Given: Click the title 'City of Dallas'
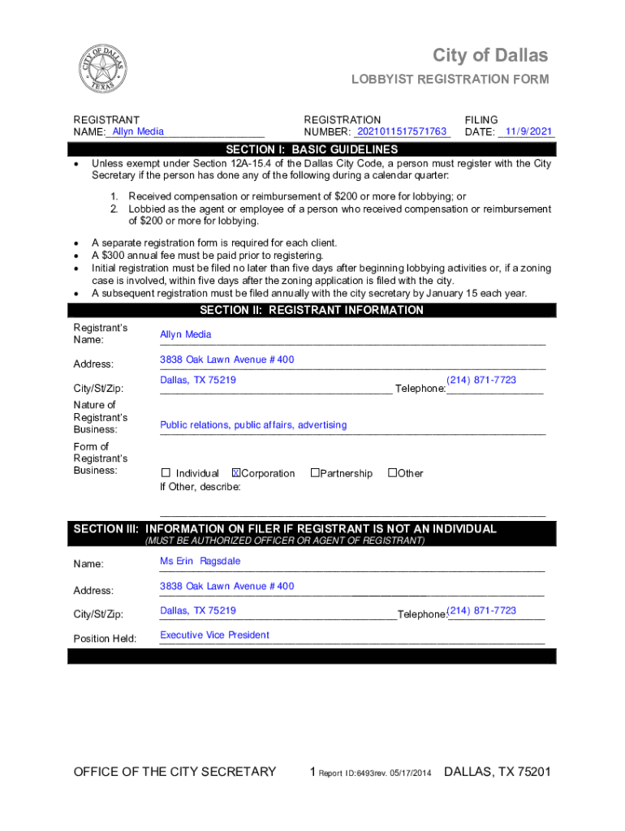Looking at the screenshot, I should click(489, 55).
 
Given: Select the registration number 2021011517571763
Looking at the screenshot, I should click(402, 131).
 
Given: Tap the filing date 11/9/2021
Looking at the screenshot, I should click(528, 131).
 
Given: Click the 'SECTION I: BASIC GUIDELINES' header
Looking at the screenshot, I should click(312, 149).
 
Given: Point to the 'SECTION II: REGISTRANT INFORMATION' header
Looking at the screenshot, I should click(312, 310).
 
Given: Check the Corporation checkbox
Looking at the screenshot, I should click(236, 473).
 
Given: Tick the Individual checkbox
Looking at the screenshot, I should click(166, 473).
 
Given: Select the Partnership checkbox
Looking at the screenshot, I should click(315, 473).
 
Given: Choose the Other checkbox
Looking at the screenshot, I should click(392, 473).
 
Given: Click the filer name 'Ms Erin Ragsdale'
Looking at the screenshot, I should click(200, 561).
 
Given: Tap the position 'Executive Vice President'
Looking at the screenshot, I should click(214, 635).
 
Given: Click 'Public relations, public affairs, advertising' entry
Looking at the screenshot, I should click(253, 424).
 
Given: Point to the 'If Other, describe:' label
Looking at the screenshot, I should click(200, 487).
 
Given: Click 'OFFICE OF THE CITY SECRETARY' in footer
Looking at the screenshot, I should click(175, 772).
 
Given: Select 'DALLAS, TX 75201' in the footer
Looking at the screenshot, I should click(497, 772).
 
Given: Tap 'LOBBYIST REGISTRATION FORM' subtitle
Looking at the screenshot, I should click(450, 80).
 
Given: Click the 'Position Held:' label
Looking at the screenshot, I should click(105, 639).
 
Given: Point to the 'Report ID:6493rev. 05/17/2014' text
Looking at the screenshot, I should click(375, 773).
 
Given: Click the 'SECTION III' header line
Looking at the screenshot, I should click(285, 529).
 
